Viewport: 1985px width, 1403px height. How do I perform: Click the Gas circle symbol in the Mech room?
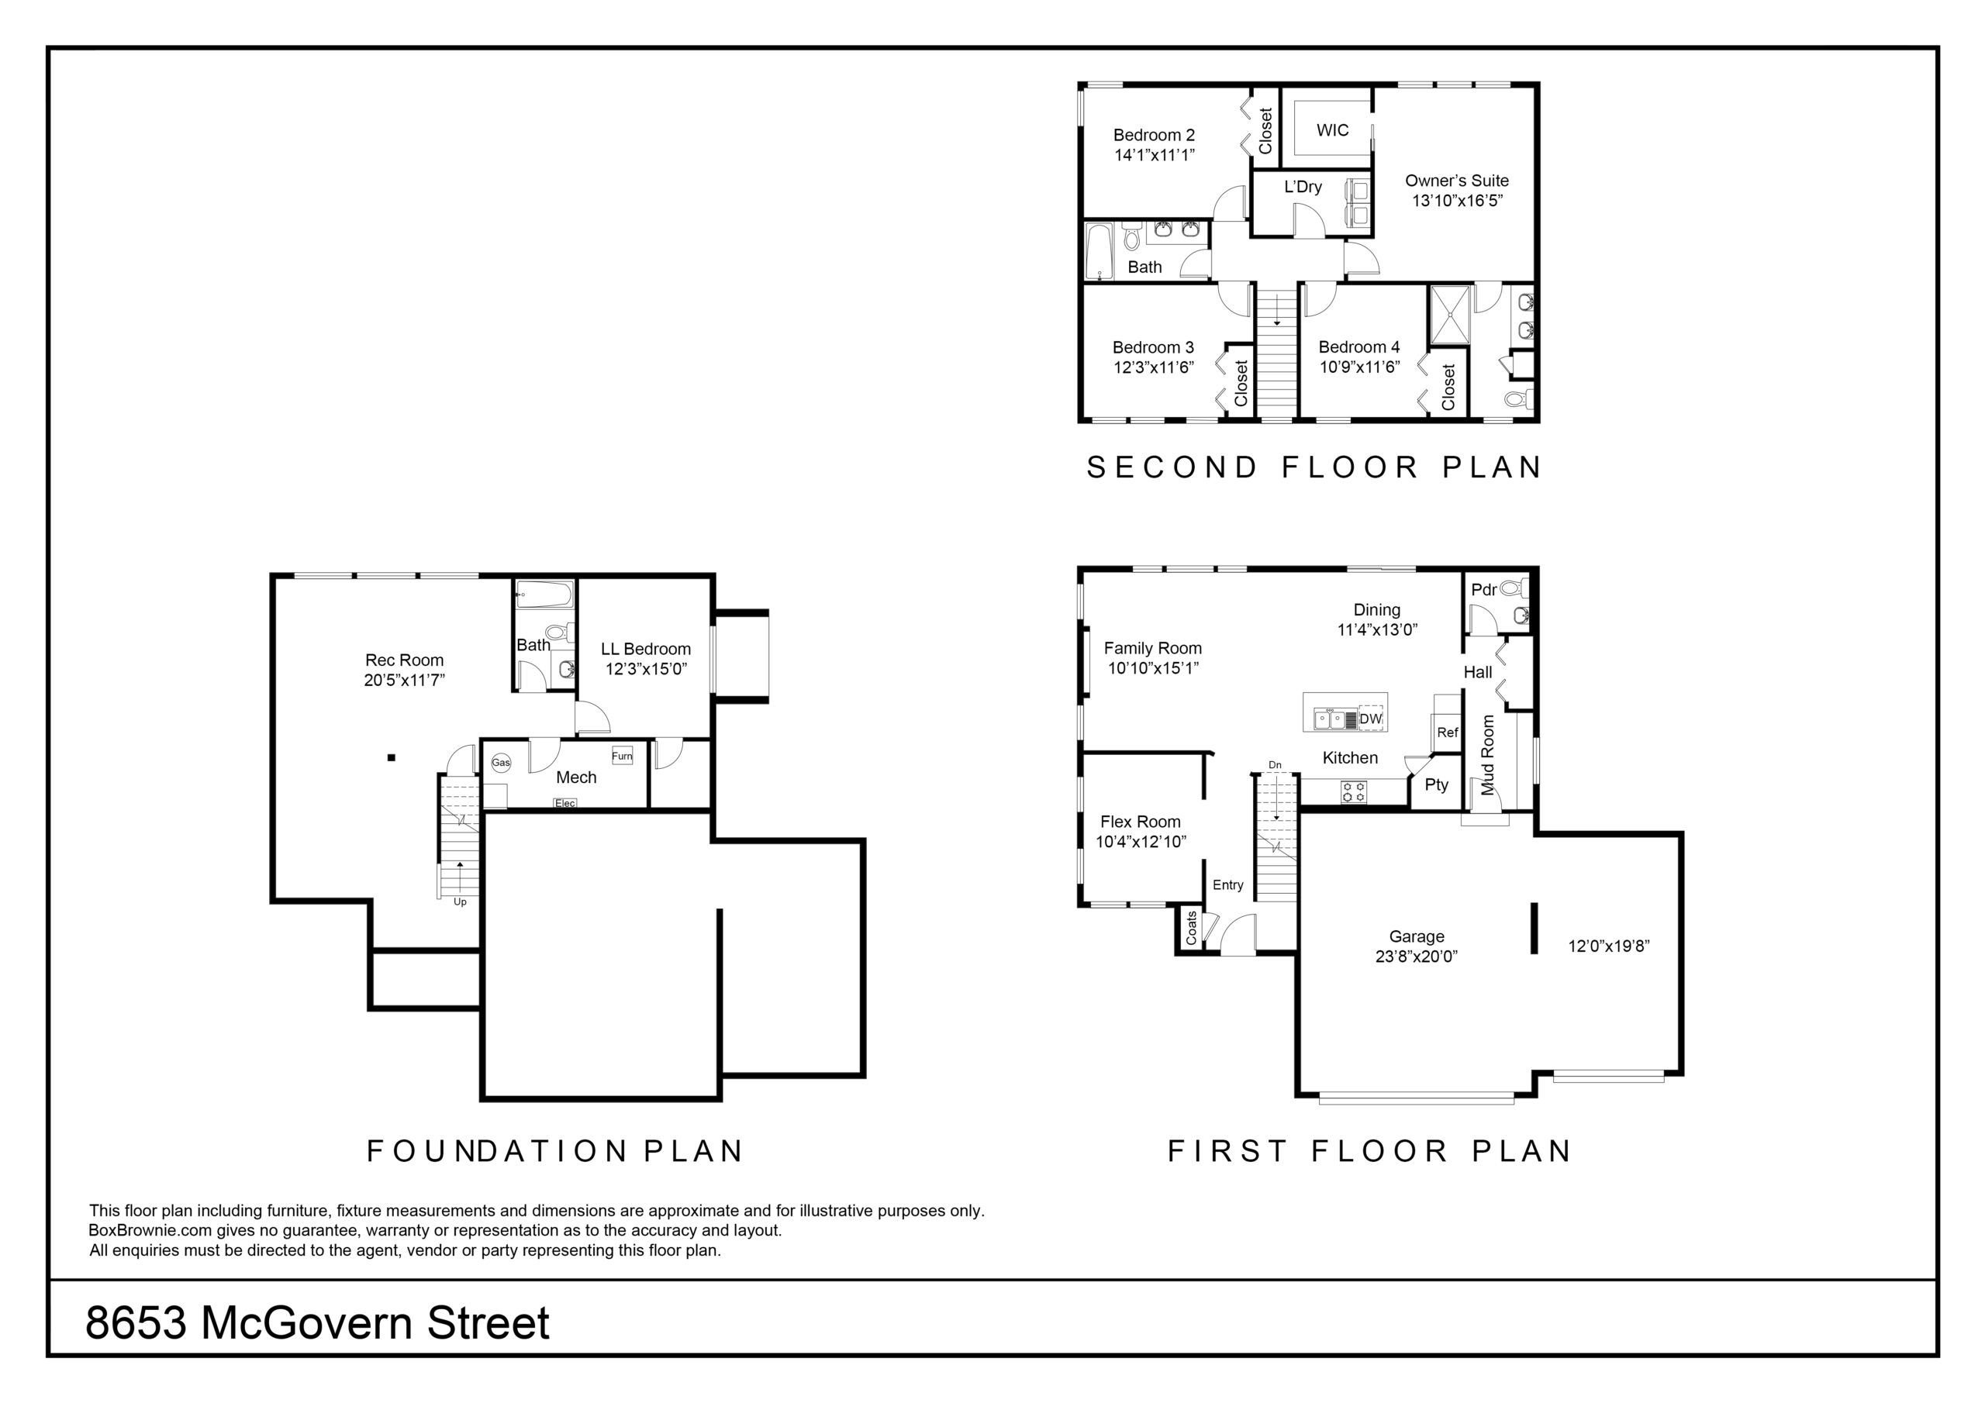coord(502,763)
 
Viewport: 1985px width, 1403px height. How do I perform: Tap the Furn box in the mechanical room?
coord(622,755)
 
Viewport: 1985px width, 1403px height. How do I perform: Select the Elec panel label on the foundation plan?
coord(564,803)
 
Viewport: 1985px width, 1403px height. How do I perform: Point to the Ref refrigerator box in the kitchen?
coord(1447,733)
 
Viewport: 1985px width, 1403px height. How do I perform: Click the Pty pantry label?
coord(1436,785)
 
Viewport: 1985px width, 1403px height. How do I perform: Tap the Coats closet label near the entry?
coord(1191,928)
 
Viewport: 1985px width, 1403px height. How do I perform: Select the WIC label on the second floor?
coord(1332,130)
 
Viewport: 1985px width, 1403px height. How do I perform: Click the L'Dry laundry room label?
coord(1303,187)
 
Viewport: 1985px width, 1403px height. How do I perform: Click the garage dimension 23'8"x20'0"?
coord(1416,956)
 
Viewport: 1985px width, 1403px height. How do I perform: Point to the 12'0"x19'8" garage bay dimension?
coord(1609,946)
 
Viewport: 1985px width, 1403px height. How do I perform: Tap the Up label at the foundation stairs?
coord(460,901)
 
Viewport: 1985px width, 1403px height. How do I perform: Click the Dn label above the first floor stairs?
coord(1276,765)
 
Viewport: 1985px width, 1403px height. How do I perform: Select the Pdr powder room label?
coord(1483,590)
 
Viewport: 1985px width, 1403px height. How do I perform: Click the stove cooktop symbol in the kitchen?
coord(1354,792)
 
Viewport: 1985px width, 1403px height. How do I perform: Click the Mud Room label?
coord(1488,755)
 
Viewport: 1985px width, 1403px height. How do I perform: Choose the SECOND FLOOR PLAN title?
coord(1314,467)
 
